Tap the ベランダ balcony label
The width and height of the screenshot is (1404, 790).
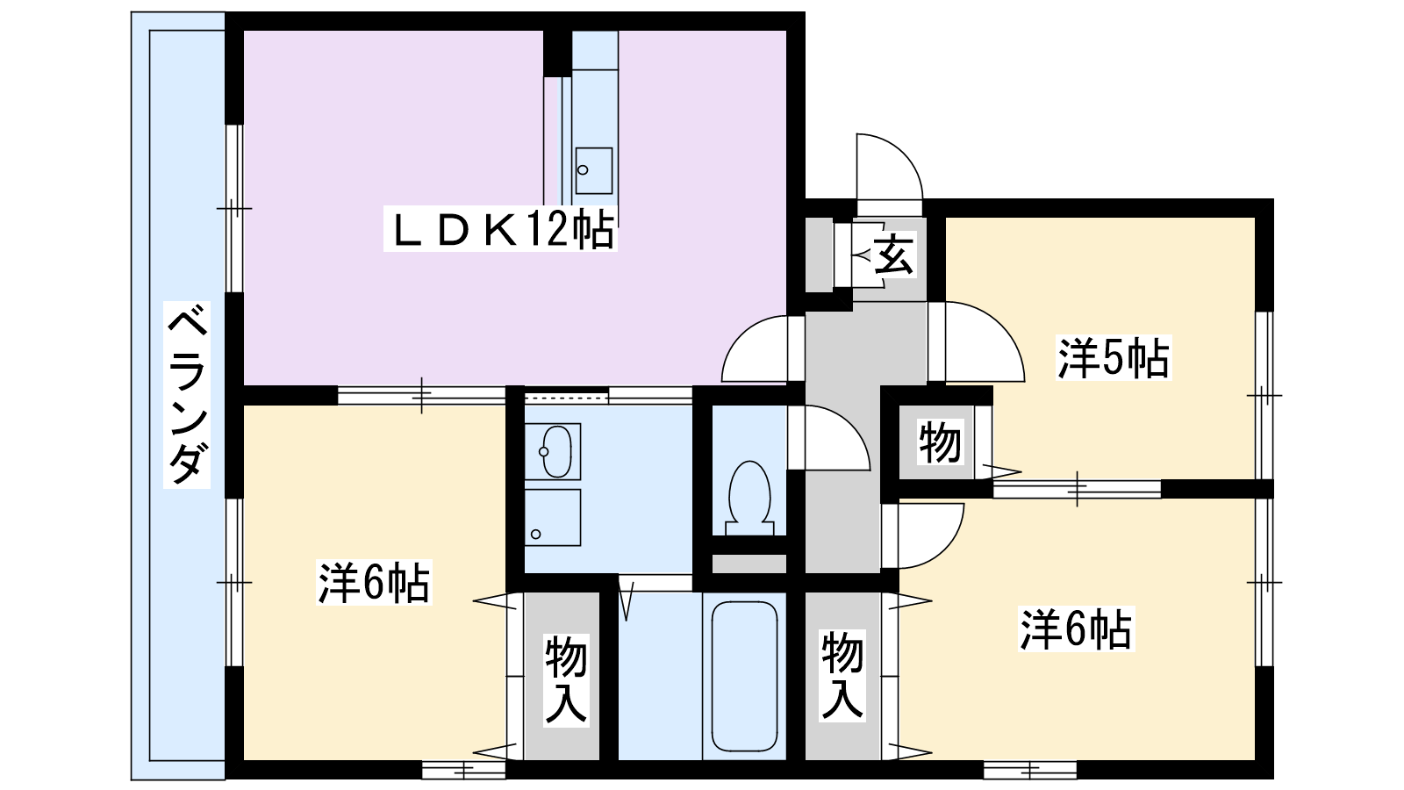[x=187, y=394]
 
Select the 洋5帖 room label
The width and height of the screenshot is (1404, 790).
[x=1114, y=358]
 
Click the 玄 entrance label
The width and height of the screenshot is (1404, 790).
[x=893, y=254]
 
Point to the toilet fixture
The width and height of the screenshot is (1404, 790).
[x=749, y=499]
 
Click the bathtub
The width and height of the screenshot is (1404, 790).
[x=745, y=676]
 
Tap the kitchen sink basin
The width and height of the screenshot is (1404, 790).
[x=593, y=170]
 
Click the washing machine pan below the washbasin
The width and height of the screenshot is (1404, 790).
[x=552, y=517]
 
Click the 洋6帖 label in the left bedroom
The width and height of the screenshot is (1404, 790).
[x=374, y=583]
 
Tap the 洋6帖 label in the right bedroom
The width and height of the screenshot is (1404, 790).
[x=1076, y=628]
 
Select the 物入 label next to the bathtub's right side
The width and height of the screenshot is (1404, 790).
[x=843, y=675]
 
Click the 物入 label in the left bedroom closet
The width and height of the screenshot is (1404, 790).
[x=566, y=680]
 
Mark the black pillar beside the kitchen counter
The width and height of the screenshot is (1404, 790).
[x=557, y=54]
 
